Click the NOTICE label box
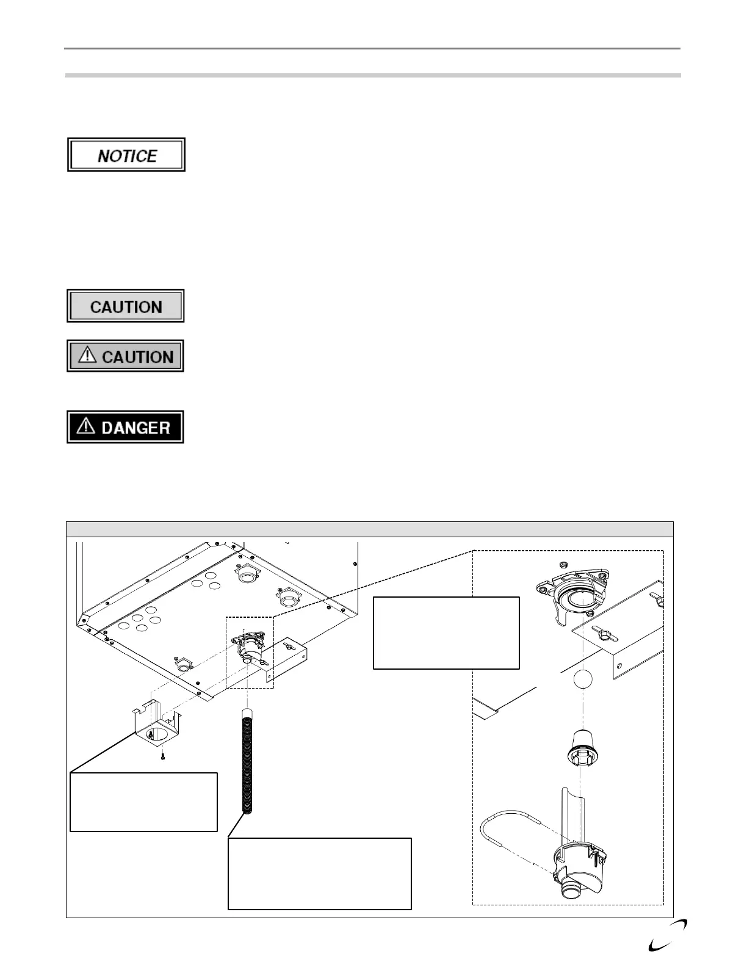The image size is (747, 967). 126,155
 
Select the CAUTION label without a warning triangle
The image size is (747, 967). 125,306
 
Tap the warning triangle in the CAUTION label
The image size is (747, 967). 88,355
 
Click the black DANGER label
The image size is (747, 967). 125,427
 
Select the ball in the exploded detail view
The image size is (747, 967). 583,679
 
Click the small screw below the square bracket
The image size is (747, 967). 163,757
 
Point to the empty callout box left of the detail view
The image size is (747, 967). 446,633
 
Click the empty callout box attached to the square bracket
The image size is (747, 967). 143,802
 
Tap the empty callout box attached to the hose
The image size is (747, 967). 319,874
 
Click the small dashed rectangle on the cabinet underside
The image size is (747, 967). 250,652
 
